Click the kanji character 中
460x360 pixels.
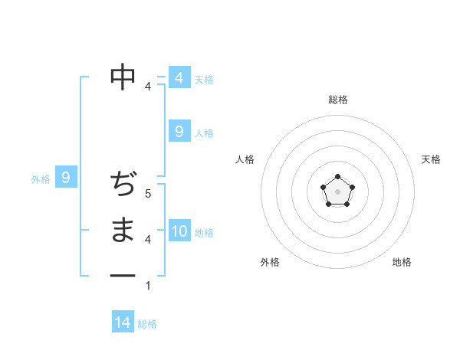pos(123,77)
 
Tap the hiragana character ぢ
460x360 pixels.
pos(123,185)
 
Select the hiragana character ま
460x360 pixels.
pos(123,230)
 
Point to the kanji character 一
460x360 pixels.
pos(123,275)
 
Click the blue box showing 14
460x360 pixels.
pos(123,322)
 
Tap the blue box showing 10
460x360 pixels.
pos(179,231)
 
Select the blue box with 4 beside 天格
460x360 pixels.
pos(179,78)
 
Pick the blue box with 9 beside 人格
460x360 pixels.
pos(179,132)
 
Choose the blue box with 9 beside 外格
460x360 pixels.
pos(66,178)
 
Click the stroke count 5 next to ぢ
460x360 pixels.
pos(148,194)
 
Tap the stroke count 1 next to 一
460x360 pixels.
pos(148,286)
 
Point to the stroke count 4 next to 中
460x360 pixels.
pos(148,87)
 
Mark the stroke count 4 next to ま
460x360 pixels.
pos(148,240)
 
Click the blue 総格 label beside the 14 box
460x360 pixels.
pos(147,324)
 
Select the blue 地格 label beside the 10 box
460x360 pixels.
pos(204,233)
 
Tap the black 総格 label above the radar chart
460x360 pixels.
pos(337,100)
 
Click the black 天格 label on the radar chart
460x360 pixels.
pos(431,159)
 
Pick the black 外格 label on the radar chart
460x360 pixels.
pos(269,262)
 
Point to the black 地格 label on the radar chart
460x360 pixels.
pos(402,262)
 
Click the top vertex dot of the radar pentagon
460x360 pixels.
pos(337,177)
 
